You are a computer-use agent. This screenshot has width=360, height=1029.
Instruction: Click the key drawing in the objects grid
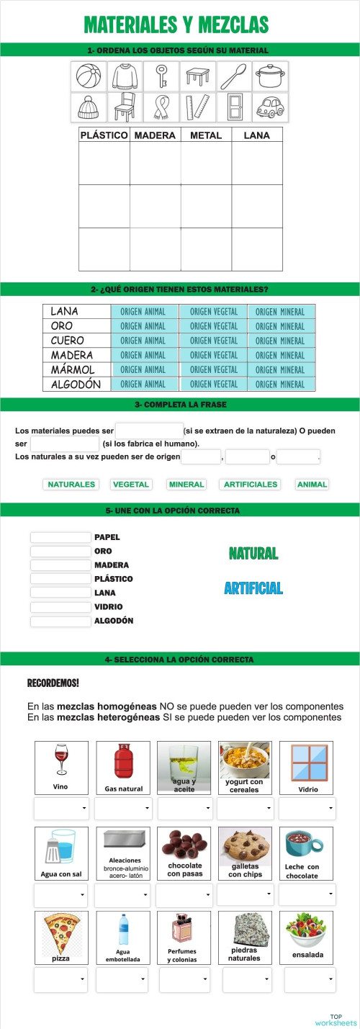[x=162, y=75]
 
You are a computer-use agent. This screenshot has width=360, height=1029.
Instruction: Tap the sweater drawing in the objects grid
[x=125, y=75]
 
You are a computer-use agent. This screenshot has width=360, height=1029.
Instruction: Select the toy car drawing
[x=270, y=107]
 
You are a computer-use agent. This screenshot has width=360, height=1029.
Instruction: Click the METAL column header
[x=206, y=135]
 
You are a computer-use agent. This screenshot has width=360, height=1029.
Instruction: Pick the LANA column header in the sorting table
[x=256, y=135]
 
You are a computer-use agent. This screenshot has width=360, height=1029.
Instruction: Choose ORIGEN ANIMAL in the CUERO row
[x=143, y=341]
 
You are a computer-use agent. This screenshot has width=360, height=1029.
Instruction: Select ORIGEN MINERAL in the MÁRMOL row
[x=280, y=369]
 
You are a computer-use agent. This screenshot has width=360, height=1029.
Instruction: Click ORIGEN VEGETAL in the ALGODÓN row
[x=214, y=384]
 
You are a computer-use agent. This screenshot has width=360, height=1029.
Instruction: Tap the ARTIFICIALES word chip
[x=250, y=485]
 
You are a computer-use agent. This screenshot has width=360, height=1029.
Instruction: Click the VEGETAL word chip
[x=130, y=485]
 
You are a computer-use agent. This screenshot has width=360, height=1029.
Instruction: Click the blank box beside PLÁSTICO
[x=60, y=579]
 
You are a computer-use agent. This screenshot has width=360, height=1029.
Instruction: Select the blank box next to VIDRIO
[x=60, y=607]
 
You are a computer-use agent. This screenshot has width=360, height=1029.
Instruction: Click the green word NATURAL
[x=253, y=554]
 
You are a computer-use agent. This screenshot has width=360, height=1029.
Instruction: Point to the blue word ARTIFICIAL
[x=253, y=588]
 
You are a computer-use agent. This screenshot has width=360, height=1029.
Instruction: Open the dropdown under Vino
[x=61, y=809]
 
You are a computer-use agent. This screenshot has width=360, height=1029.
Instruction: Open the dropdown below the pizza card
[x=61, y=979]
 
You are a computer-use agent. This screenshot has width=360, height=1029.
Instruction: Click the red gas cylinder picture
[x=123, y=762]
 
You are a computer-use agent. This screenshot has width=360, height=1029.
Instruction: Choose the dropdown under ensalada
[x=310, y=979]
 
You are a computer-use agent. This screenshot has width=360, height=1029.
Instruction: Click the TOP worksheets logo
[x=336, y=1019]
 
